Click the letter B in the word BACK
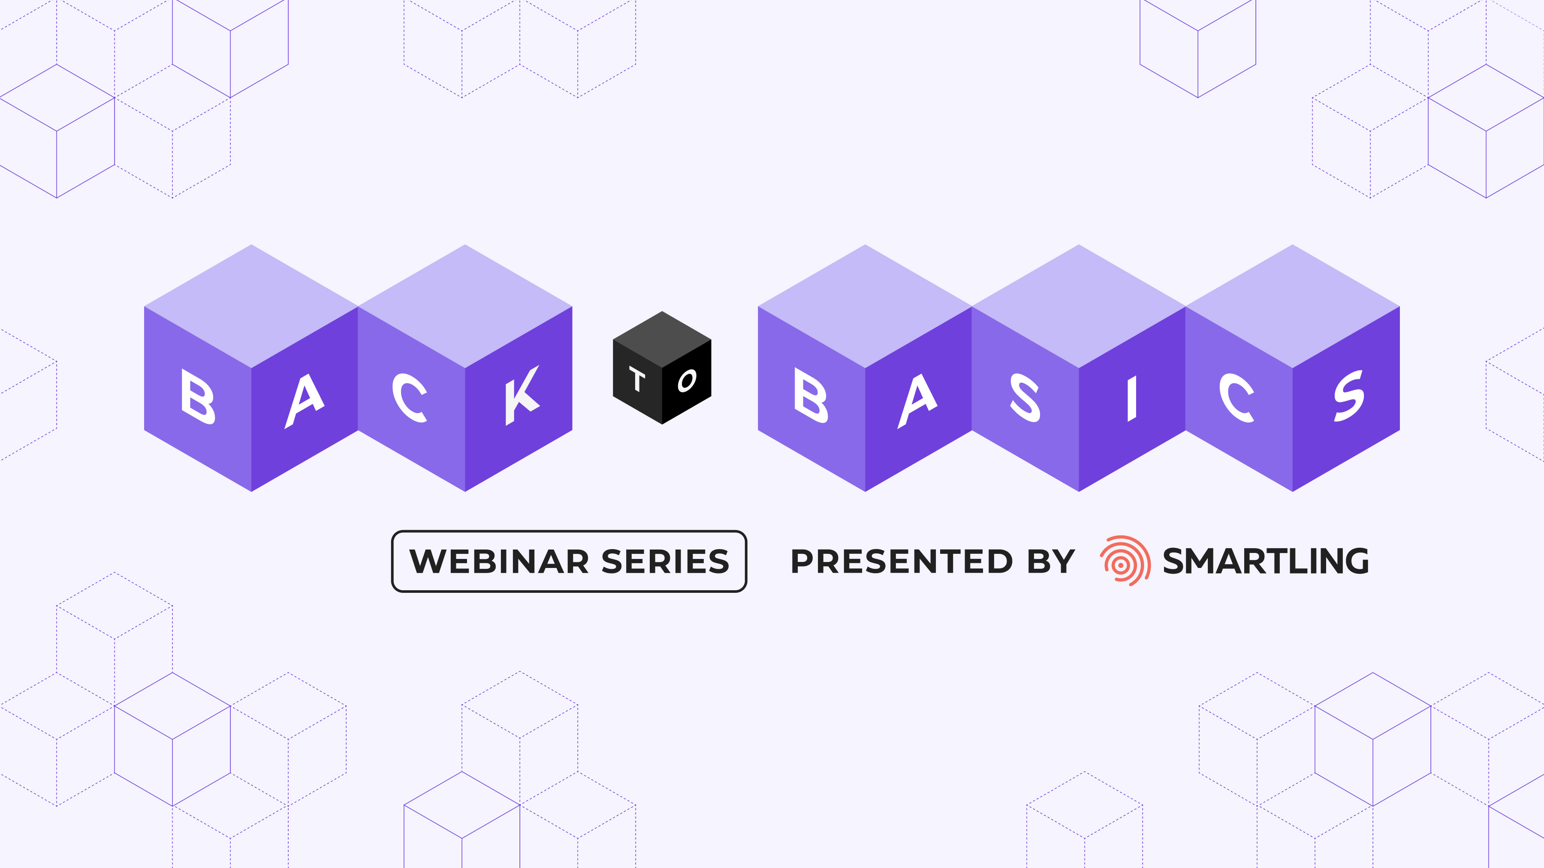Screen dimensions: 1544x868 pyautogui.click(x=198, y=396)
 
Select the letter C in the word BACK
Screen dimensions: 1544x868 pyautogui.click(x=410, y=397)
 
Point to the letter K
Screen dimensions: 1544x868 pyautogui.click(x=522, y=395)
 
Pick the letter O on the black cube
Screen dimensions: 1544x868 pyautogui.click(x=687, y=380)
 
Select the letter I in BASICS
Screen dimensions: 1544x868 pyautogui.click(x=1132, y=398)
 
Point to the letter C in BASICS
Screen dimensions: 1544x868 pyautogui.click(x=1236, y=397)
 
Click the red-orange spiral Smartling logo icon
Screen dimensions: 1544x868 pyautogui.click(x=1125, y=561)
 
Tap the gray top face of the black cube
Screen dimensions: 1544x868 pyautogui.click(x=662, y=339)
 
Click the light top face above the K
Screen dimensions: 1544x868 pyautogui.click(x=465, y=306)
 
